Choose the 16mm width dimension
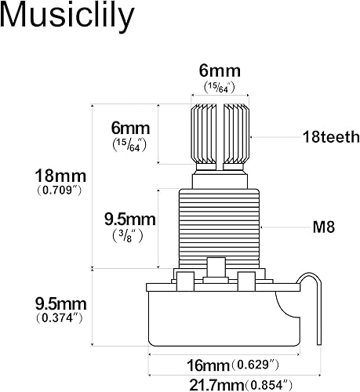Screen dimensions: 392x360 [208, 365]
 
